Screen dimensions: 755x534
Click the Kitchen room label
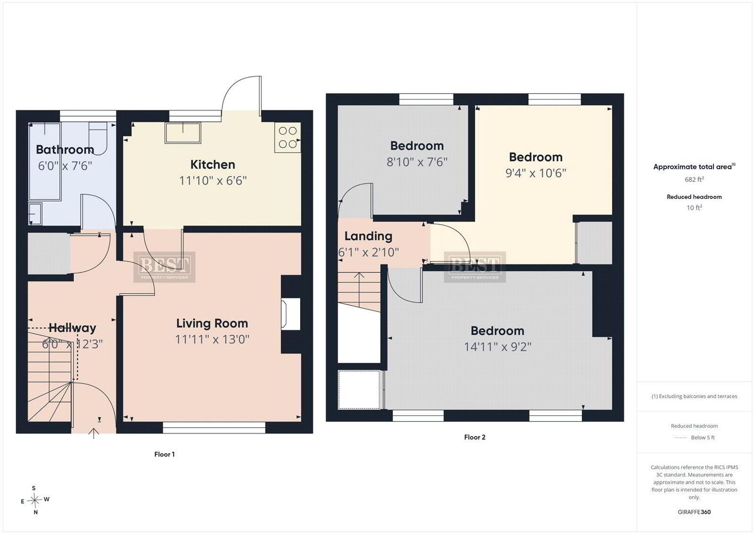pyautogui.click(x=213, y=165)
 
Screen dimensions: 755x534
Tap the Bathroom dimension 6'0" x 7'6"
pyautogui.click(x=65, y=166)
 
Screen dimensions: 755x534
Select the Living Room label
pyautogui.click(x=212, y=323)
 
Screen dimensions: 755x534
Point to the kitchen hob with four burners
pyautogui.click(x=287, y=137)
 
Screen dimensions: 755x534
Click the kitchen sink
pyautogui.click(x=182, y=133)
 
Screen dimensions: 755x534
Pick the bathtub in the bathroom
pyautogui.click(x=44, y=162)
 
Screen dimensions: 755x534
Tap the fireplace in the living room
pyautogui.click(x=291, y=314)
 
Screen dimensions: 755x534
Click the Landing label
pyautogui.click(x=368, y=236)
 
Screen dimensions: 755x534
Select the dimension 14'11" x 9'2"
pyautogui.click(x=497, y=347)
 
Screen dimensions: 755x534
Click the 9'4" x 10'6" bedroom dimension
pyautogui.click(x=535, y=173)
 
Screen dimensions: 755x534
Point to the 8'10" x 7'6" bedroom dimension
pyautogui.click(x=417, y=162)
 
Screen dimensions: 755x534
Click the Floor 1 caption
pyautogui.click(x=165, y=454)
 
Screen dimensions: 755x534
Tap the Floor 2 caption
pyautogui.click(x=475, y=437)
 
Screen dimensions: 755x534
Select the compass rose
pyautogui.click(x=35, y=500)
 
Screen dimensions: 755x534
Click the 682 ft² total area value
pyautogui.click(x=694, y=179)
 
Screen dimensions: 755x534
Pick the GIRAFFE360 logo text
pyautogui.click(x=694, y=512)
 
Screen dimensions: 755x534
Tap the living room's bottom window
pyautogui.click(x=214, y=428)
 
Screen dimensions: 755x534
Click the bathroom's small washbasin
pyautogui.click(x=35, y=214)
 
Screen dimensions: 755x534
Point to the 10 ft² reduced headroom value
pyautogui.click(x=694, y=208)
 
